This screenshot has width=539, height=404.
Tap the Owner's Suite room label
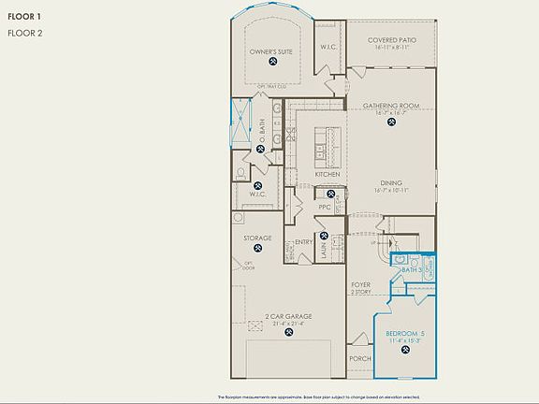pyautogui.click(x=271, y=52)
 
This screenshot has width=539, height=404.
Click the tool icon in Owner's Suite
pyautogui.click(x=271, y=64)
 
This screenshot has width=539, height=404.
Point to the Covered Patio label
pyautogui.click(x=391, y=40)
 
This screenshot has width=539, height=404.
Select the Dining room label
pyautogui.click(x=391, y=183)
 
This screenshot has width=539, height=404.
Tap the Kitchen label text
pyautogui.click(x=327, y=175)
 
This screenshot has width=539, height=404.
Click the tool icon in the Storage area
pyautogui.click(x=258, y=250)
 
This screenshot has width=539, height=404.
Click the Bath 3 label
pyautogui.click(x=412, y=269)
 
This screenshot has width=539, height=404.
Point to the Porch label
pyautogui.click(x=360, y=358)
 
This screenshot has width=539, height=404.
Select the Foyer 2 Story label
pyautogui.click(x=362, y=287)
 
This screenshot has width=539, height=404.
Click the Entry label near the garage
pyautogui.click(x=304, y=242)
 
